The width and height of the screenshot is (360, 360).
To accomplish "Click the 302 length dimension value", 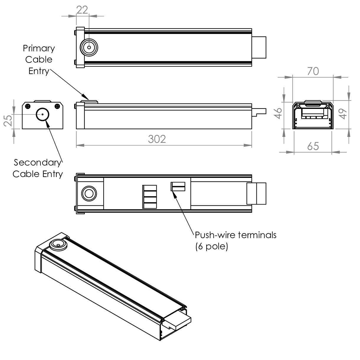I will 157,139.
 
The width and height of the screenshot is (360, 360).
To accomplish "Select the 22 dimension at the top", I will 82,10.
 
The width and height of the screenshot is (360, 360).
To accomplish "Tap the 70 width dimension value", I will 313,71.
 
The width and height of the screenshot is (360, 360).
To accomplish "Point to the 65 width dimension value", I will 313,146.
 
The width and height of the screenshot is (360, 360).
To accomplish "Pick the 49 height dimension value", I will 343,114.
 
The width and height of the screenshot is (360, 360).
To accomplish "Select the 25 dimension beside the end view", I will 8,120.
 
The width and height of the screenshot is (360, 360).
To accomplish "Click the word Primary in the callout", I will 39,48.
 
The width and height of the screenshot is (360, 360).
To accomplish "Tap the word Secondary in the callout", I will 37,163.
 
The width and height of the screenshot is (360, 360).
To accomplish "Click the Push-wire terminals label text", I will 235,235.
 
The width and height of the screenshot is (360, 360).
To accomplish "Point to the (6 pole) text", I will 212,246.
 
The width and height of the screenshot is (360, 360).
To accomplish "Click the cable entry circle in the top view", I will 89,48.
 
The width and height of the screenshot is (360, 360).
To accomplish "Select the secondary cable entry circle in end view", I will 42,114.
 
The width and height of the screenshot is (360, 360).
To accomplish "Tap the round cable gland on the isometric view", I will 58,245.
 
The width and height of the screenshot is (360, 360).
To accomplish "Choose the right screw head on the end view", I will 57,106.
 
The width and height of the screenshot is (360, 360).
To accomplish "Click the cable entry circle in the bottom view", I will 89,194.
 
